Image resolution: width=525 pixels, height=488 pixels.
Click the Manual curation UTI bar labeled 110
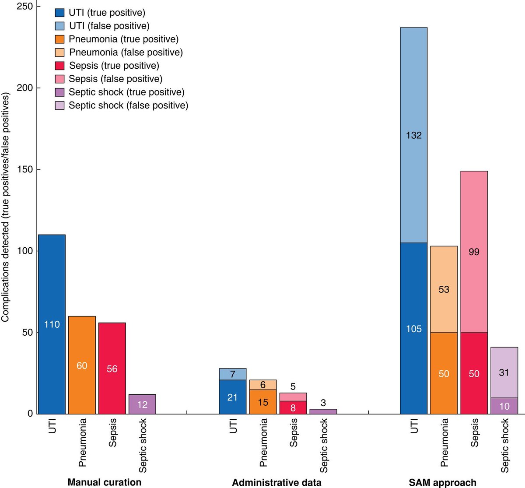point(52,324)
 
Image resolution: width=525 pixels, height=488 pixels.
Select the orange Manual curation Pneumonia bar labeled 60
point(82,365)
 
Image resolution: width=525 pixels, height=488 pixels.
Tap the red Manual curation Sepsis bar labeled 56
point(112,368)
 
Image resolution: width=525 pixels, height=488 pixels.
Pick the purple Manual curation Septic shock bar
point(142,404)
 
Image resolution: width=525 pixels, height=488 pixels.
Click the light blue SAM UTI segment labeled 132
point(413,135)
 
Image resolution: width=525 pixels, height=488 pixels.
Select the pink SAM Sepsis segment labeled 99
point(474,252)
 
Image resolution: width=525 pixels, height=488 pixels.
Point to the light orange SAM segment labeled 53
point(444,289)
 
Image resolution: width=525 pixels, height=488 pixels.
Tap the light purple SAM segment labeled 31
point(504,372)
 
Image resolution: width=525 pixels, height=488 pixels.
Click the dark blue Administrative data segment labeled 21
point(232,397)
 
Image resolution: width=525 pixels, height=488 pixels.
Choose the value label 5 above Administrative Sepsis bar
point(293,386)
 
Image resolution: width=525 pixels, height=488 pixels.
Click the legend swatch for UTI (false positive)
point(60,26)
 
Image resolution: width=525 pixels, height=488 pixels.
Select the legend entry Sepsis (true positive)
point(114,66)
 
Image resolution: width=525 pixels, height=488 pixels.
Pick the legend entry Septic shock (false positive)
point(128,105)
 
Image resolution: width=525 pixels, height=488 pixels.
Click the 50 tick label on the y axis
point(27,332)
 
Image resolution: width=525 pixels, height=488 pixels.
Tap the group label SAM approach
point(442,482)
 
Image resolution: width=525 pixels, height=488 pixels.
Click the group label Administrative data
point(276,482)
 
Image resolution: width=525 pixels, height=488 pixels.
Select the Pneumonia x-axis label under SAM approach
point(444,442)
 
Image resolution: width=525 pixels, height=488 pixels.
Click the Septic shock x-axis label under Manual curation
point(143,445)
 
